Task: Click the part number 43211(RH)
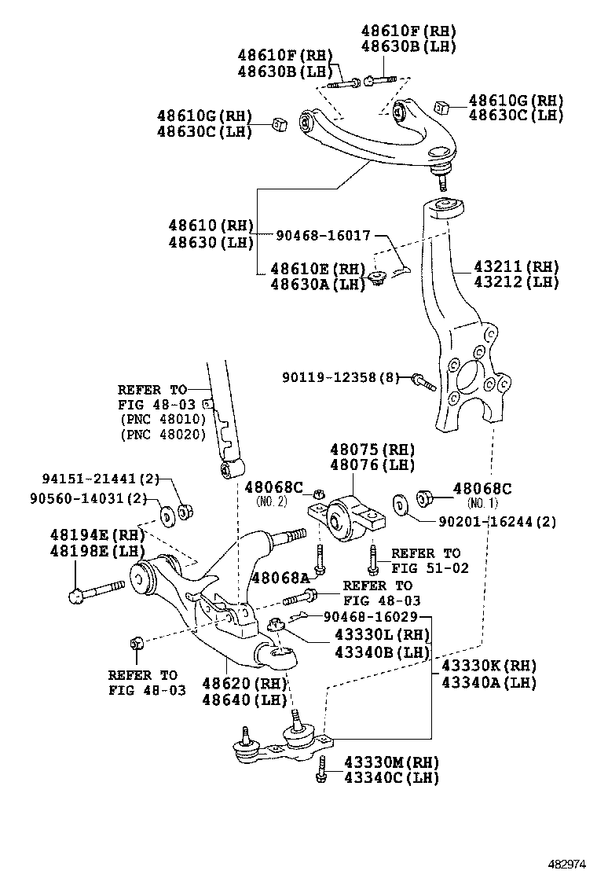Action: [x=516, y=266]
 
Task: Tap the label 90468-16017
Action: [x=324, y=235]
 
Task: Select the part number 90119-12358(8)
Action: [x=339, y=378]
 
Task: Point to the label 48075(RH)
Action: [x=372, y=450]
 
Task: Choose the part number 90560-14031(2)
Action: [x=89, y=498]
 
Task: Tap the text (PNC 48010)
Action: [x=163, y=419]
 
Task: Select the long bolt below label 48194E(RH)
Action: [x=97, y=590]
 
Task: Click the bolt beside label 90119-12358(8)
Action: [x=423, y=382]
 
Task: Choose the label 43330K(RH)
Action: [x=489, y=665]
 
